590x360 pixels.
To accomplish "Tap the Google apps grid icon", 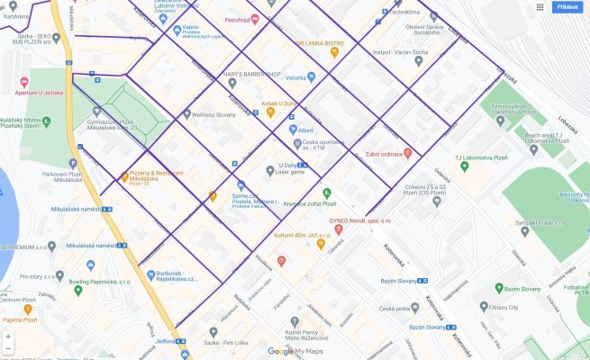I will coord(540,6).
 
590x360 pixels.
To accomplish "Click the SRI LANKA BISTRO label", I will coord(320,42).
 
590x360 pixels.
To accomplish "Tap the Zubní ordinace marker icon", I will coord(407,152).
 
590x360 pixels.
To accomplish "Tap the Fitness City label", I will coord(503,307).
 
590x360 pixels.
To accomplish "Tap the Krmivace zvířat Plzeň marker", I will coord(327,192).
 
